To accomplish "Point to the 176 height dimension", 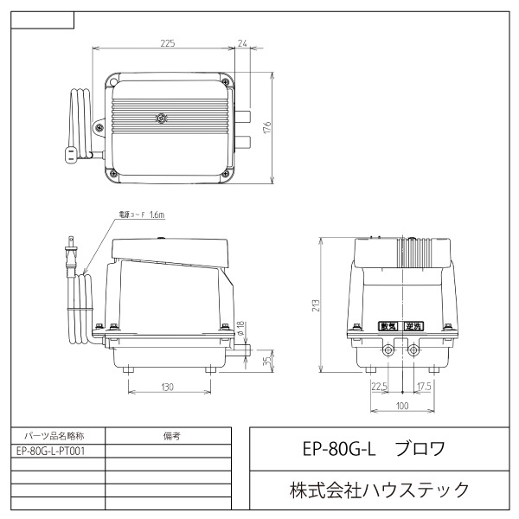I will (x=268, y=125).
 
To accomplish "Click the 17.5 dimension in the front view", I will (x=423, y=387).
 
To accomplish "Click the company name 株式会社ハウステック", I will (x=379, y=490).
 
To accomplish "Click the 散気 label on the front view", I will (x=388, y=326).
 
